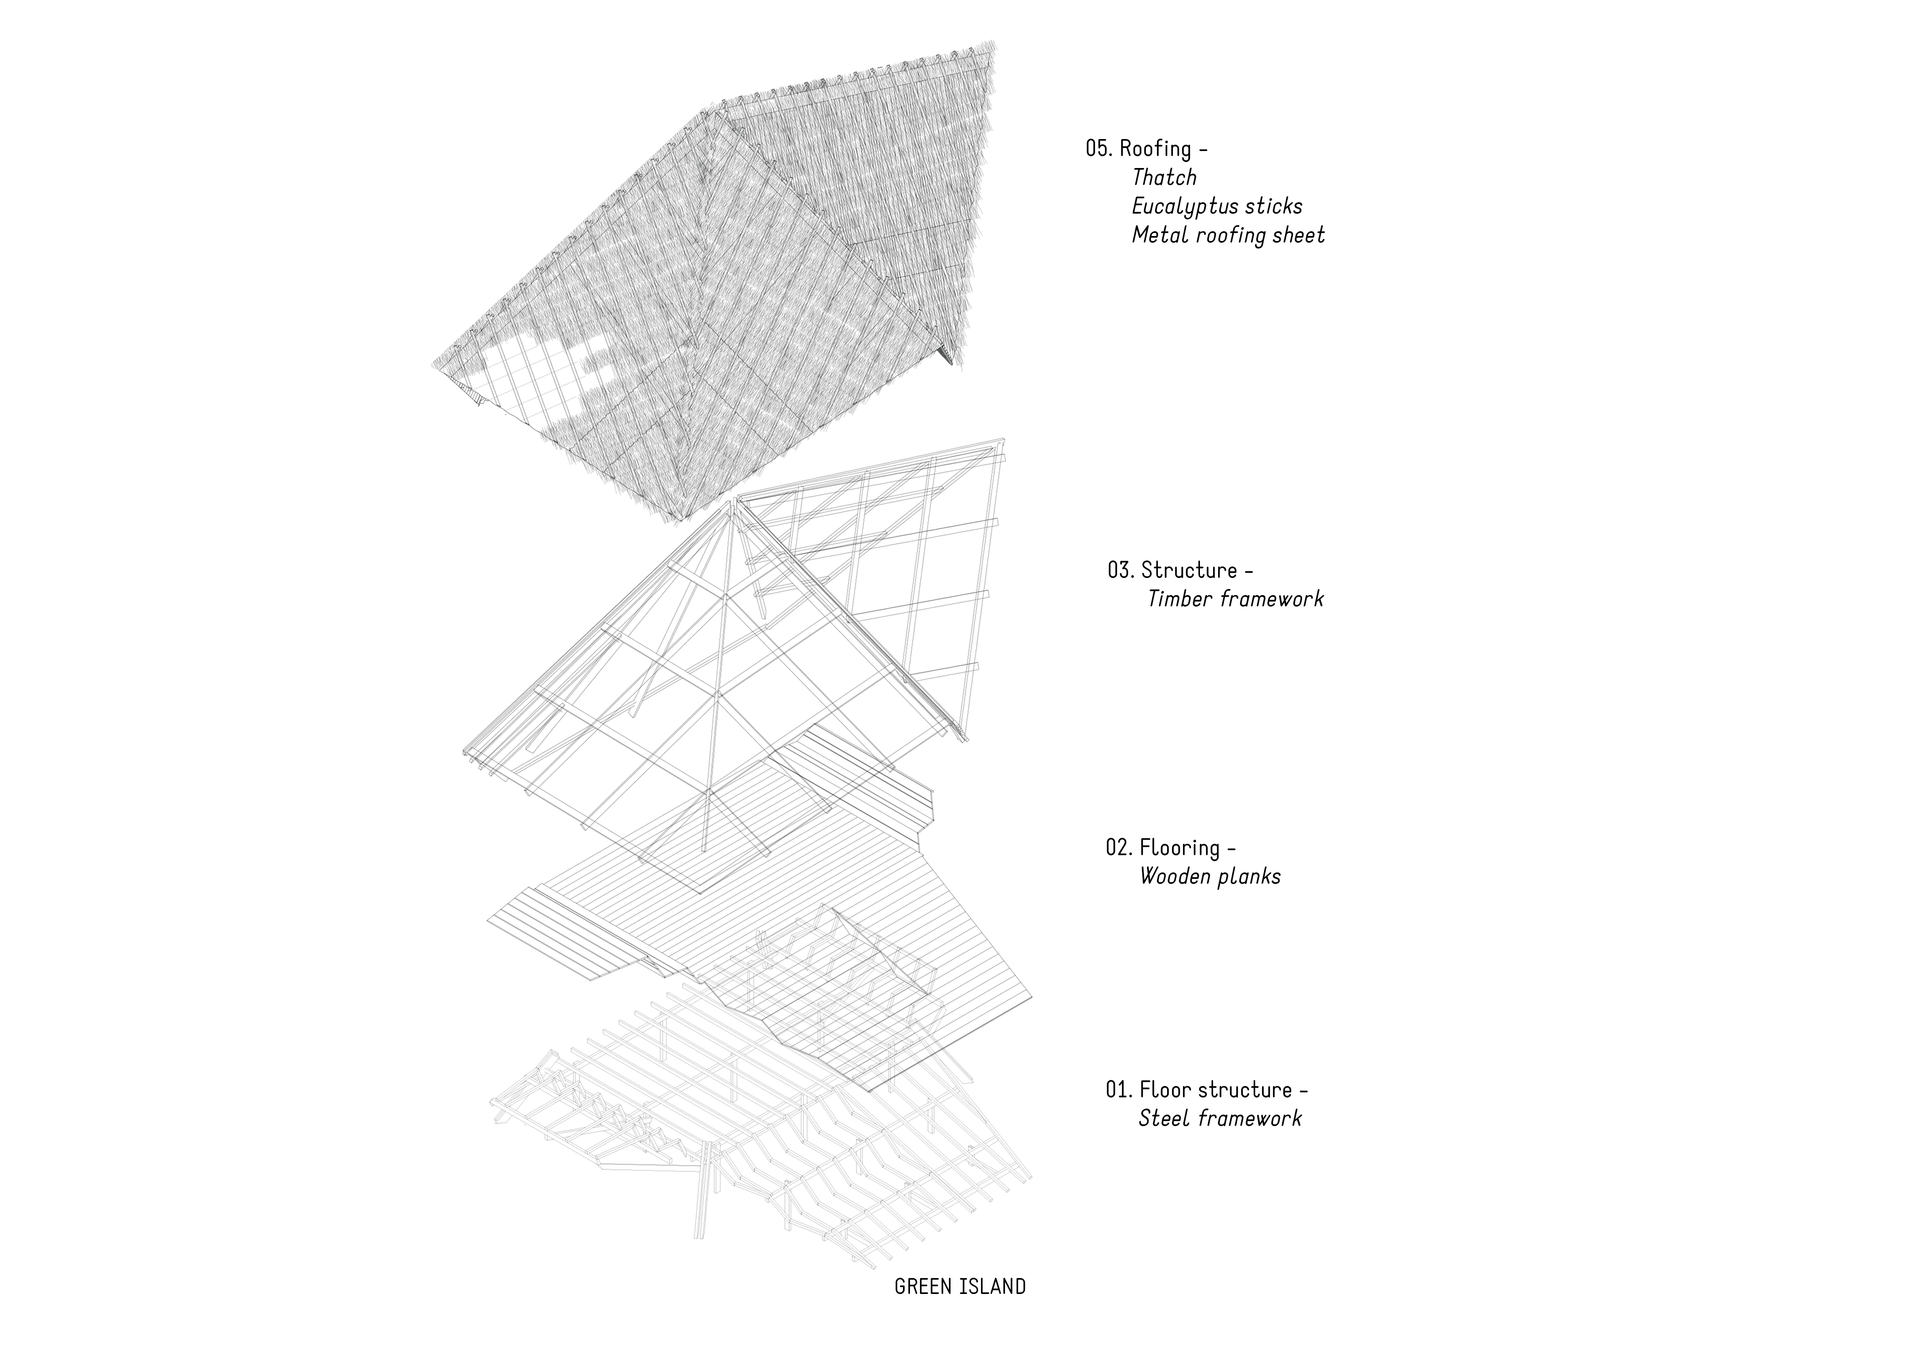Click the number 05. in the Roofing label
pos(1098,149)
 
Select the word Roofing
pos(1155,149)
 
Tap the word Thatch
pos(1164,178)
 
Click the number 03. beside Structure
pos(1121,571)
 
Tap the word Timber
pos(1179,599)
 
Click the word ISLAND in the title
pos(993,1287)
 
